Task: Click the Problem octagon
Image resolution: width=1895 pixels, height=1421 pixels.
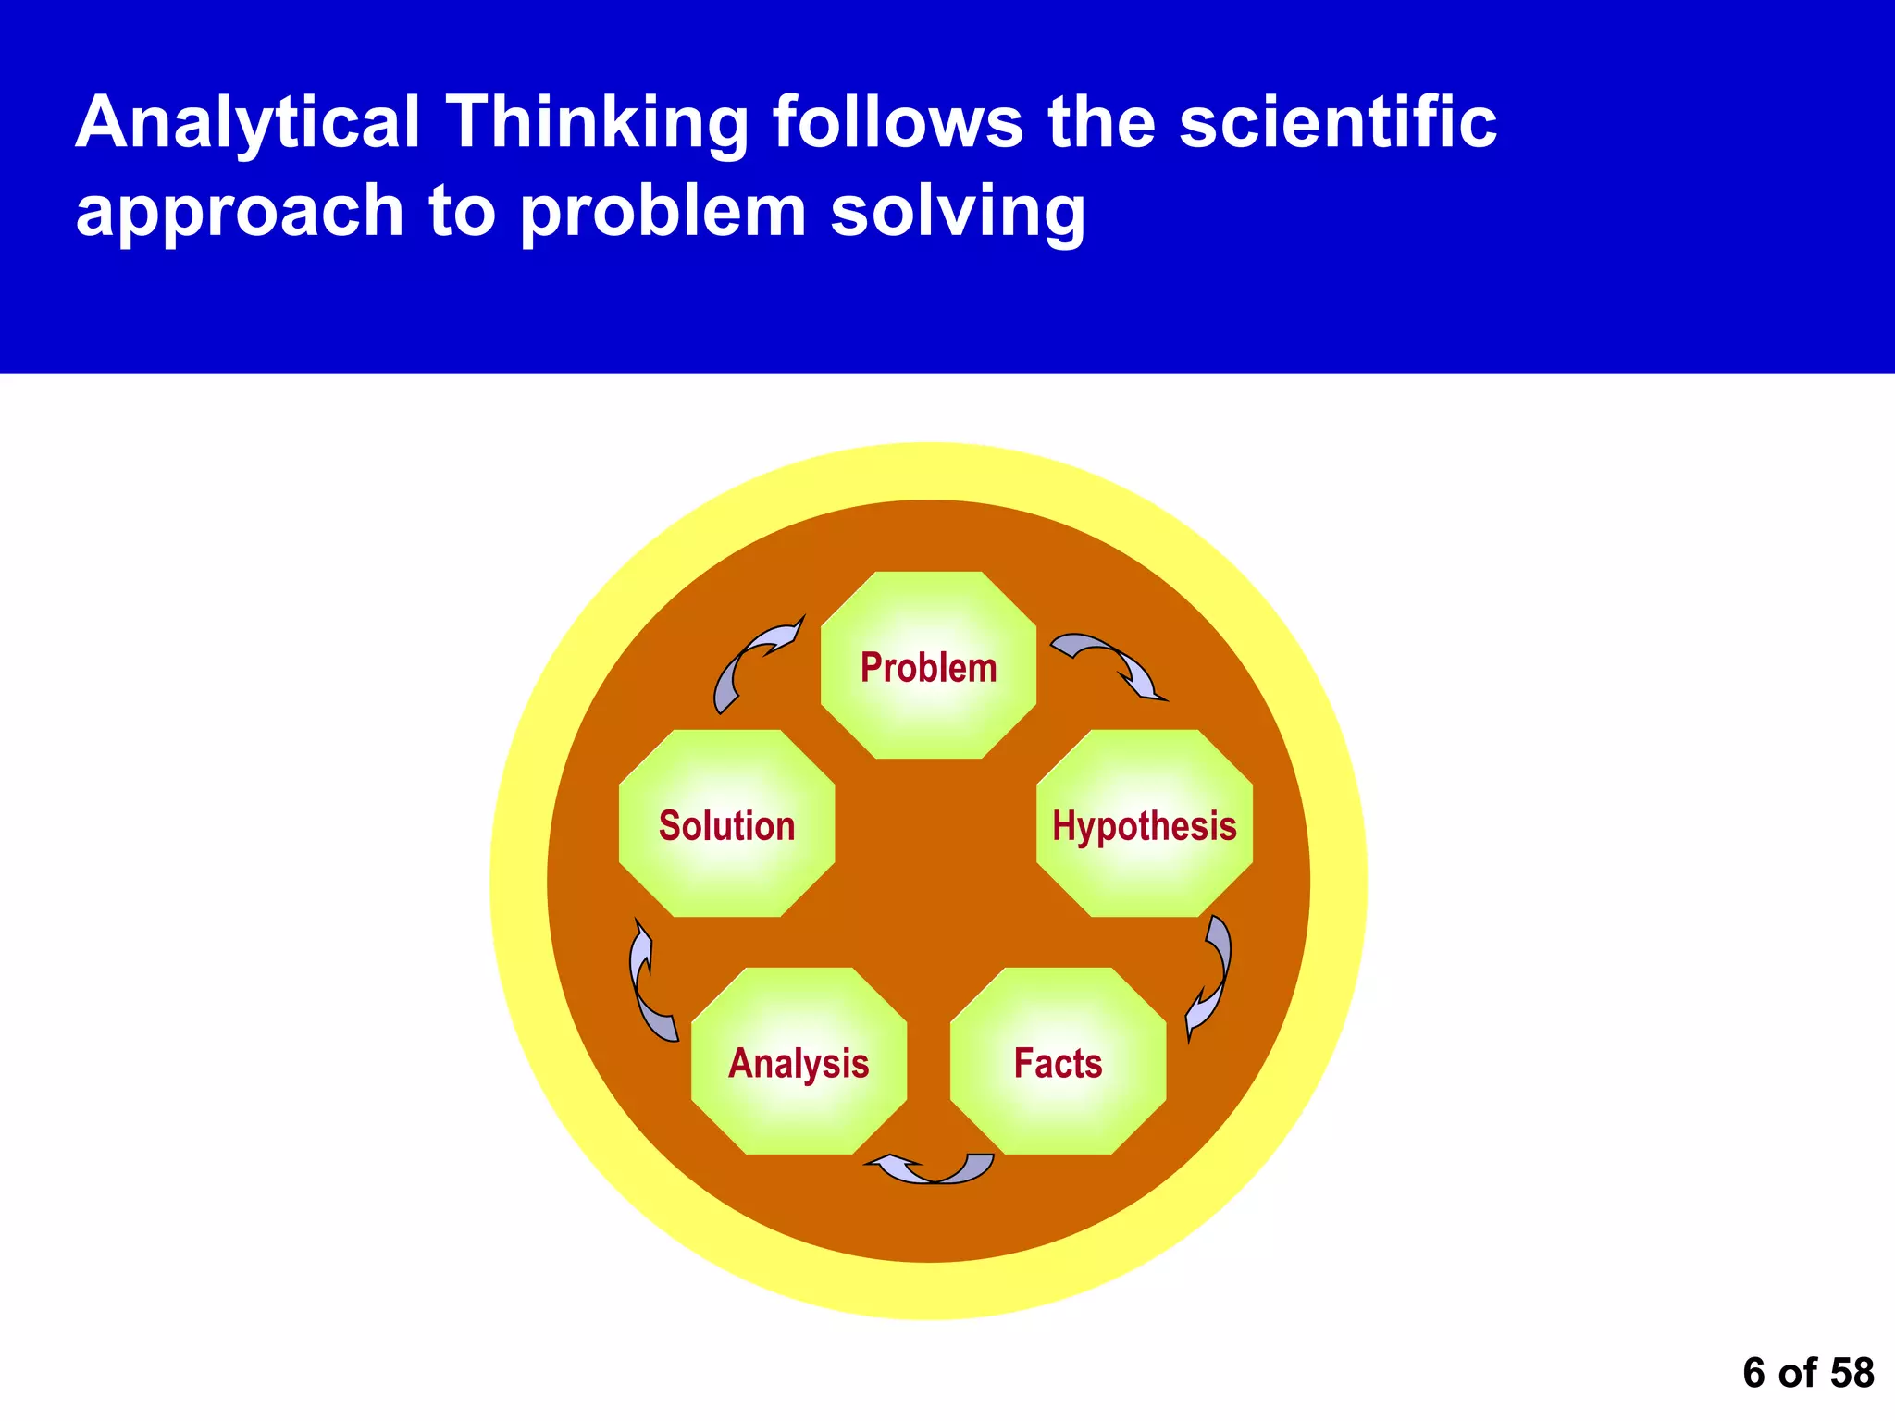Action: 928,666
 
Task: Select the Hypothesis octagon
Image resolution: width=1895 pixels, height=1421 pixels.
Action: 1145,824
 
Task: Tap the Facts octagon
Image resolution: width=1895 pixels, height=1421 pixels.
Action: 1058,1062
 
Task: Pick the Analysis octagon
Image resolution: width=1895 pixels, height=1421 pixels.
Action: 799,1062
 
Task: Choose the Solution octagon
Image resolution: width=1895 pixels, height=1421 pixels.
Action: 726,824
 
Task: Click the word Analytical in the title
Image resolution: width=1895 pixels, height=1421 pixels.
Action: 247,123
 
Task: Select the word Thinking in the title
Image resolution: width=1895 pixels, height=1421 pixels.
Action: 597,123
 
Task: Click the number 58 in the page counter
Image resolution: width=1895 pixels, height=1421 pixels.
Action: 1852,1373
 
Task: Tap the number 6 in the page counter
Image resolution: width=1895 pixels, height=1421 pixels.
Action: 1753,1373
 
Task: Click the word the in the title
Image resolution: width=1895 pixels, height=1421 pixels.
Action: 1101,123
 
